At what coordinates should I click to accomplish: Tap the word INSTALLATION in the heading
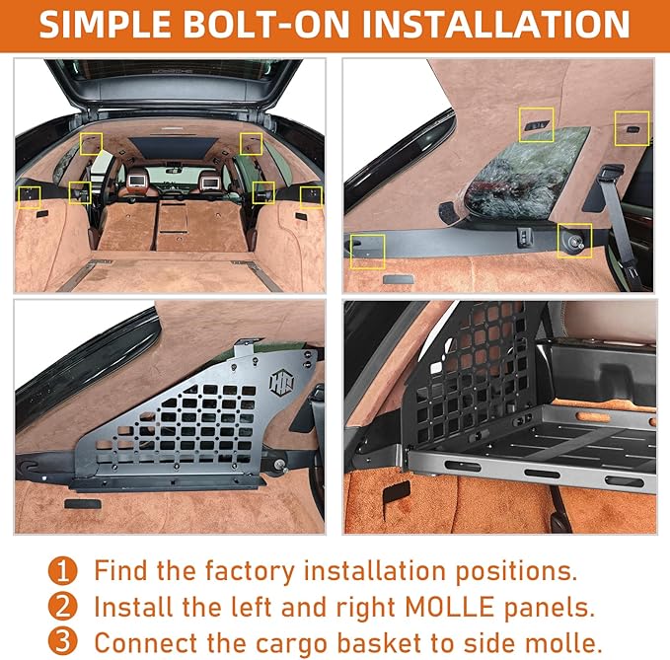pyautogui.click(x=494, y=24)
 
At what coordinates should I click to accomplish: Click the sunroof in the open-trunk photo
pyautogui.click(x=169, y=147)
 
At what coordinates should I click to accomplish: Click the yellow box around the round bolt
pyautogui.click(x=574, y=240)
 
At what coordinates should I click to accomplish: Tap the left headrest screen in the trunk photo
pyautogui.click(x=135, y=180)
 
